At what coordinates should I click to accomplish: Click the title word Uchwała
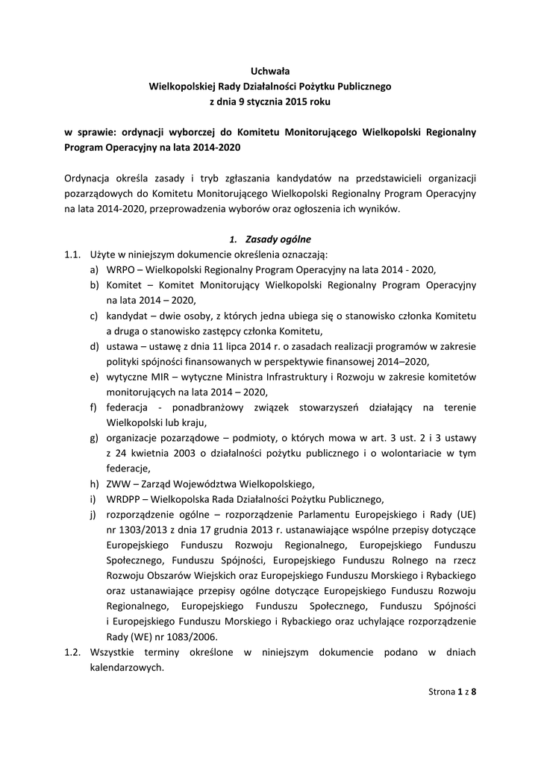(270, 72)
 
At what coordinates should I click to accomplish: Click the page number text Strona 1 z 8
(452, 692)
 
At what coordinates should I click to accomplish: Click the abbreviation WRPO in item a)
(120, 269)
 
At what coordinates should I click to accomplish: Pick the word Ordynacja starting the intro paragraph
(90, 178)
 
